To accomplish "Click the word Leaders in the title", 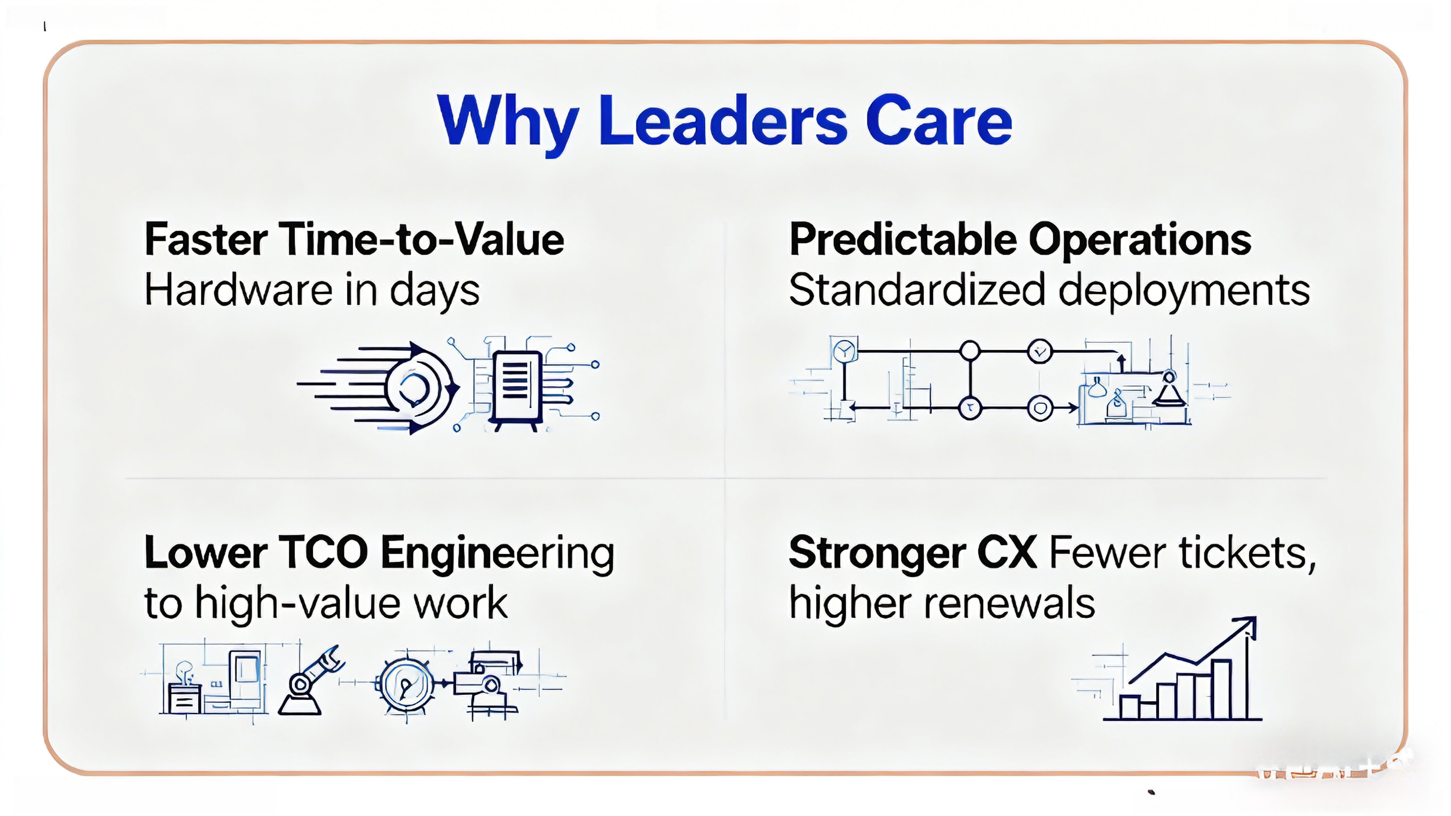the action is click(x=723, y=121).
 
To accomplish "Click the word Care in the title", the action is click(x=939, y=121).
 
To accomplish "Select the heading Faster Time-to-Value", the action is click(x=355, y=240).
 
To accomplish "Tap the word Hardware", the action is click(x=239, y=290).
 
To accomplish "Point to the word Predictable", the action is click(x=903, y=240).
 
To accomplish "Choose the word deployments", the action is click(x=1184, y=292).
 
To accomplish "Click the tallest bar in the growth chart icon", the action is click(x=1221, y=689).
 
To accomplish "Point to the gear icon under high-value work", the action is click(x=406, y=684).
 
